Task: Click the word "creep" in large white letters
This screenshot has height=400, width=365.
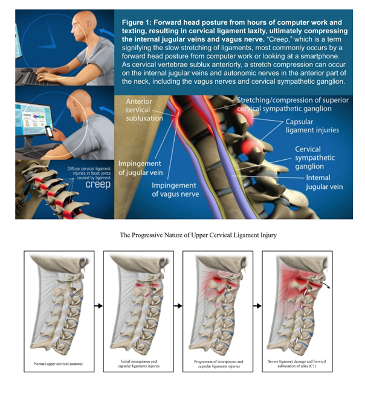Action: click(98, 185)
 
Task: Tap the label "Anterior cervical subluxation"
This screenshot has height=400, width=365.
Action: click(144, 110)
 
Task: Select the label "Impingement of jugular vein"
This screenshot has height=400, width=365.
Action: click(140, 168)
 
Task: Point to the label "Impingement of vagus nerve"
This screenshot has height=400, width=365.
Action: click(175, 189)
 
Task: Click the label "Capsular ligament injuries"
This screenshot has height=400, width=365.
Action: click(312, 125)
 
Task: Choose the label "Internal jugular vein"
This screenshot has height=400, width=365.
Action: click(324, 182)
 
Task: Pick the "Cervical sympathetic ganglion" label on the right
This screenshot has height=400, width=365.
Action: click(315, 157)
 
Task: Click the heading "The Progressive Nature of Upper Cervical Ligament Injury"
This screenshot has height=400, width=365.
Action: click(198, 235)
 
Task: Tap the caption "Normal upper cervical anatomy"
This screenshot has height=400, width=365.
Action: click(58, 364)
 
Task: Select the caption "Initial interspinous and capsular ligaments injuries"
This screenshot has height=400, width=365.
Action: click(139, 364)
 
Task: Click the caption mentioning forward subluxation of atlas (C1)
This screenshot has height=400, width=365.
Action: click(297, 364)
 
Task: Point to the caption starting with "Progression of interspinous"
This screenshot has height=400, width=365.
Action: click(219, 364)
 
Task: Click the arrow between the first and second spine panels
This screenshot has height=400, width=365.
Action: click(99, 306)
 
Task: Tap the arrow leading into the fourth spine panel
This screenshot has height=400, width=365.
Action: click(257, 306)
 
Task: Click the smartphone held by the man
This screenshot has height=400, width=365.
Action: click(50, 132)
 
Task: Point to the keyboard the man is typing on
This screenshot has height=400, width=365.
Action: click(35, 78)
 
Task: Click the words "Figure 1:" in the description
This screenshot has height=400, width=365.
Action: click(137, 22)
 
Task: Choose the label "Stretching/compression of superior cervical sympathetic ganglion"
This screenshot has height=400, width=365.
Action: click(292, 104)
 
